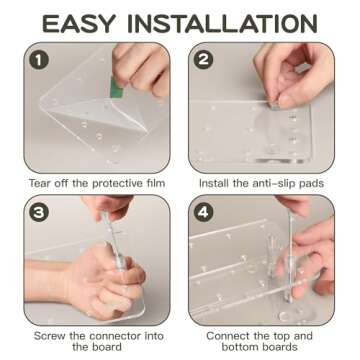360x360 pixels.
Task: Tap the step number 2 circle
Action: click(205, 60)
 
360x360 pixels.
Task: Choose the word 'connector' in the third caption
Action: click(108, 335)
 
